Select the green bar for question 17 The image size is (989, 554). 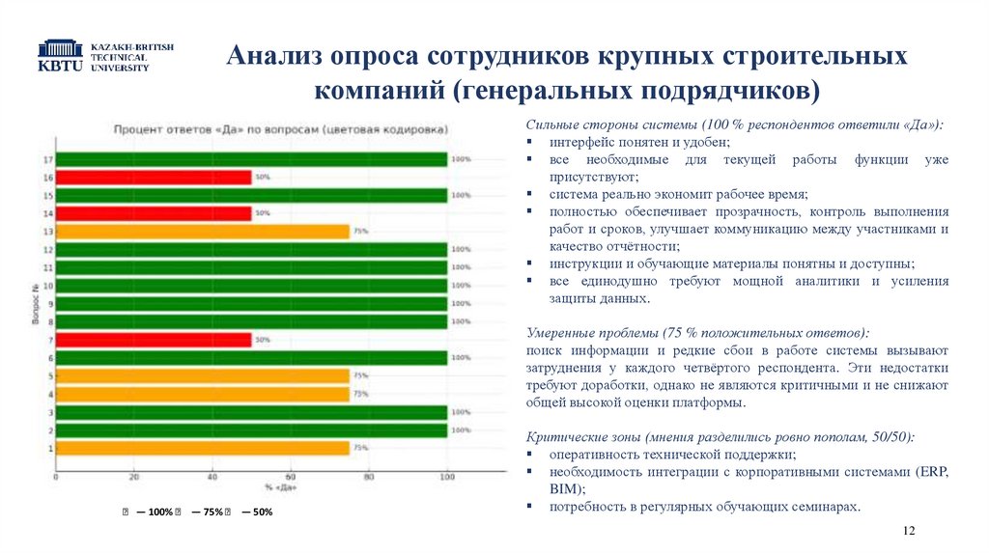251,159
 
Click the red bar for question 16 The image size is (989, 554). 154,178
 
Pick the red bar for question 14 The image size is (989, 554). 154,213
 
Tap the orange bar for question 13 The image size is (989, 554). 202,232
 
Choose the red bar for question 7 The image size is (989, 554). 154,340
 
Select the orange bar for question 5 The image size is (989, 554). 202,375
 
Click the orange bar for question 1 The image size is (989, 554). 202,448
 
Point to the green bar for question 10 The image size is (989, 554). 251,286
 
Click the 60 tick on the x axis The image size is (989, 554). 290,477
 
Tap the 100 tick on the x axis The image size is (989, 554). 446,477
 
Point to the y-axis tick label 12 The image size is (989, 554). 48,250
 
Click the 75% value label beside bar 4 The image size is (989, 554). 360,394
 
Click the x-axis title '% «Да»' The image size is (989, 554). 281,487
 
